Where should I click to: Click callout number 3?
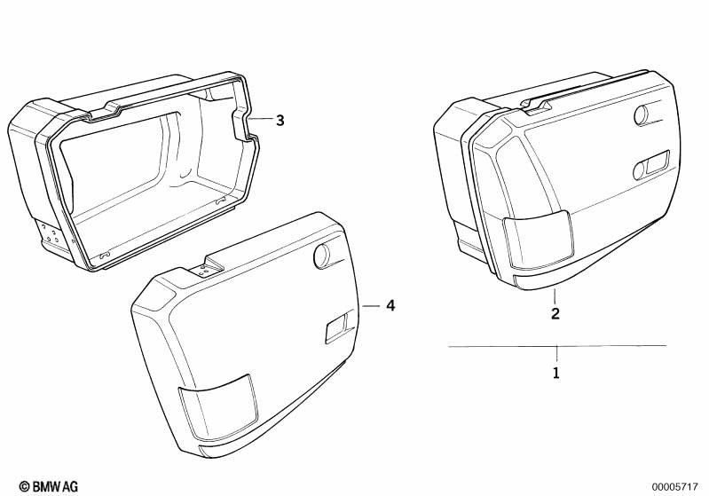point(280,121)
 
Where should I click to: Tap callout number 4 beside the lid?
point(390,305)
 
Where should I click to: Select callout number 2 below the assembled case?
point(555,314)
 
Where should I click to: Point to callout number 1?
point(556,374)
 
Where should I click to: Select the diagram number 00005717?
point(674,486)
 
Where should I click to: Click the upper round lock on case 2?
point(642,115)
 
